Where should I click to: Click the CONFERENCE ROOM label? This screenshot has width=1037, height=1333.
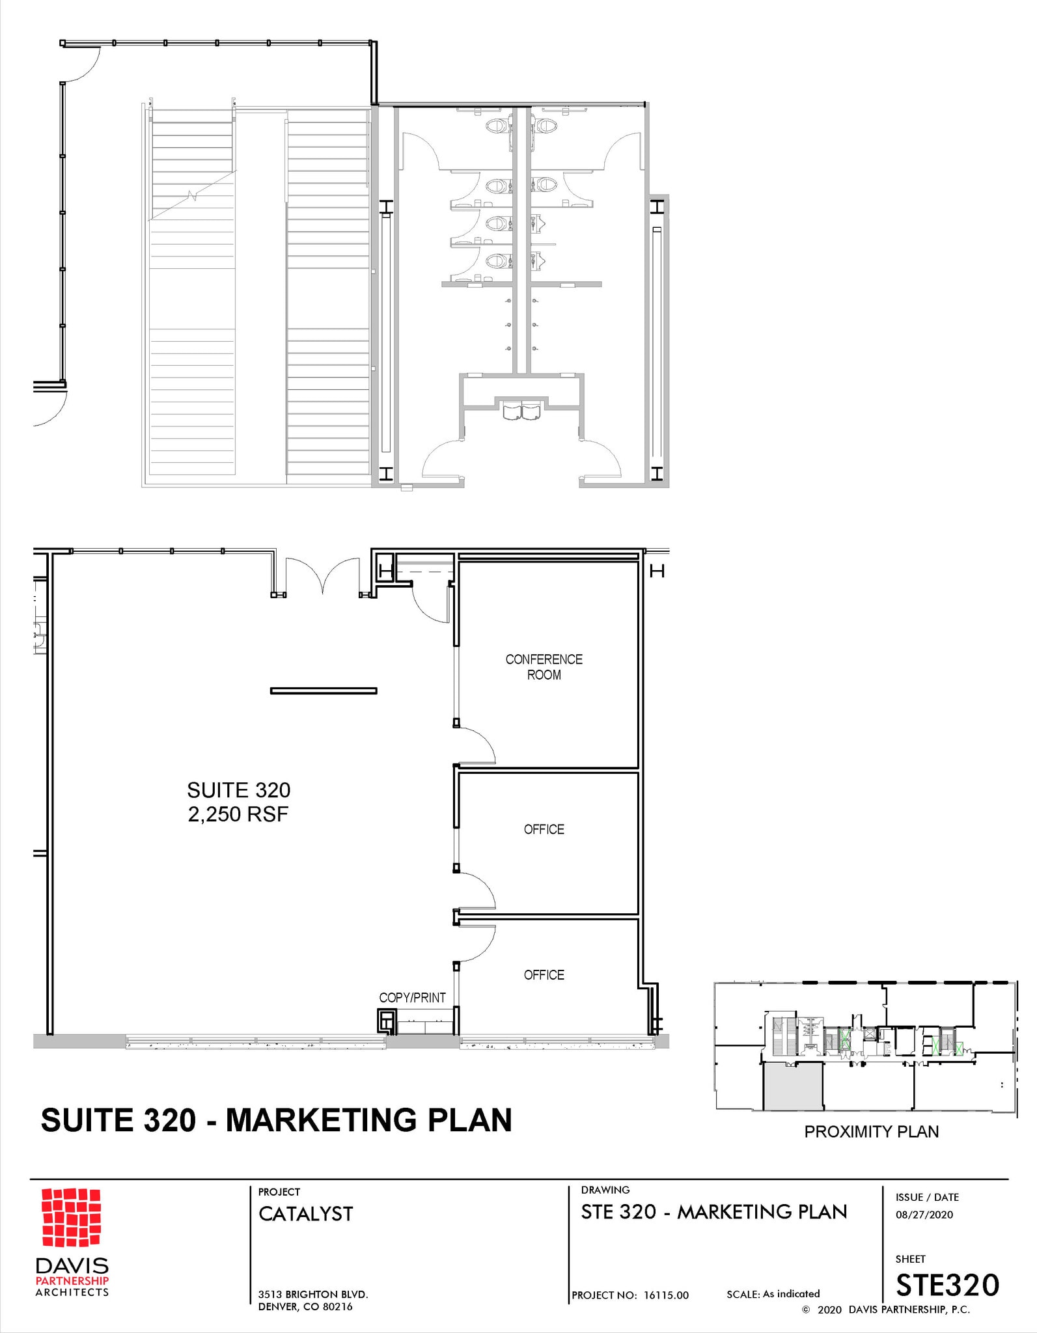[x=544, y=666]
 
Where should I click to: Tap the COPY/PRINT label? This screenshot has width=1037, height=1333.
[x=412, y=997]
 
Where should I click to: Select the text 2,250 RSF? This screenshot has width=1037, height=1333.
[x=238, y=814]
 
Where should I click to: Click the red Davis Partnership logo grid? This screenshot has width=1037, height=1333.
[x=71, y=1216]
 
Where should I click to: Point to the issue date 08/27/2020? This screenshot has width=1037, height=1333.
[x=924, y=1214]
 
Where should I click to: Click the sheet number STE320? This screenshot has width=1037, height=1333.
[x=947, y=1285]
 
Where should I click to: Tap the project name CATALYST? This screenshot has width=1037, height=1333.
[x=305, y=1213]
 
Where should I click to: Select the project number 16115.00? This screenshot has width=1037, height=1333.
[x=666, y=1295]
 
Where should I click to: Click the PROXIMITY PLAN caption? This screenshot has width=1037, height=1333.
[x=871, y=1131]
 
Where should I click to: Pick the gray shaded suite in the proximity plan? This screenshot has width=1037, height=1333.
[x=793, y=1087]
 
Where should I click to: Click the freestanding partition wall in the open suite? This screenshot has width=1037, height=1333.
[x=324, y=691]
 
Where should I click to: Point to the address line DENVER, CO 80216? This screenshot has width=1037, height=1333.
[x=305, y=1306]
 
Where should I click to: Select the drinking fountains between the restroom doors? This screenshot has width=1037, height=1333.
[x=521, y=411]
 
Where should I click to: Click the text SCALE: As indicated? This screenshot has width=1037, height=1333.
[x=773, y=1293]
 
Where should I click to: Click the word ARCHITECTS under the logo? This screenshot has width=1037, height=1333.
[x=72, y=1292]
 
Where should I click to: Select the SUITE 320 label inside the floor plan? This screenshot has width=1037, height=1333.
[x=238, y=790]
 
